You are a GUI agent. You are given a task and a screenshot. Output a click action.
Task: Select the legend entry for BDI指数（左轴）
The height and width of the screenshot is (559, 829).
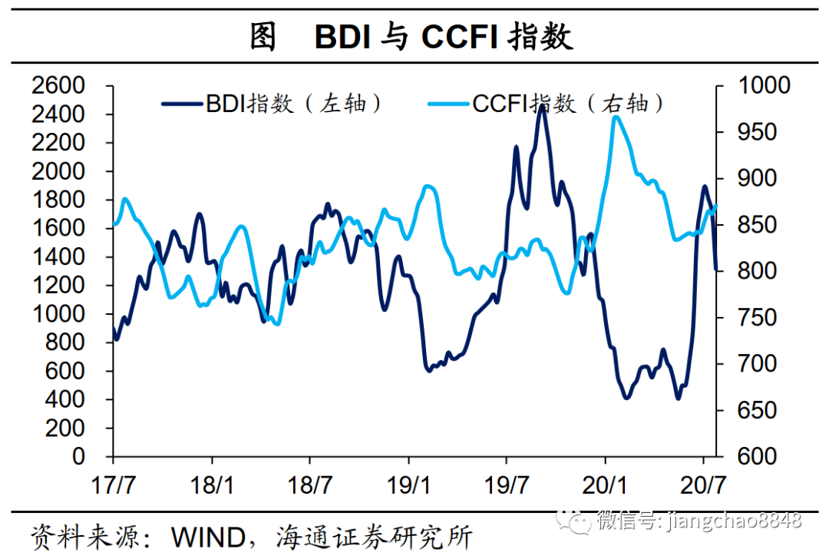point(272,104)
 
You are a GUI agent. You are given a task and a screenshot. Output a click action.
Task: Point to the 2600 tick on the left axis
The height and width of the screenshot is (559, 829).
point(68,86)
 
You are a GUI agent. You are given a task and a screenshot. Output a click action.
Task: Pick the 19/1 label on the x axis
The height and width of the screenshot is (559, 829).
point(408,485)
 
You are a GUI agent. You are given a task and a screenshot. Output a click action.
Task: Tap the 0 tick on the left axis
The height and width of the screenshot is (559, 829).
point(98,457)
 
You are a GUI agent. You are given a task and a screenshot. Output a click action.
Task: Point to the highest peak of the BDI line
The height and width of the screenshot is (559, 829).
point(542,107)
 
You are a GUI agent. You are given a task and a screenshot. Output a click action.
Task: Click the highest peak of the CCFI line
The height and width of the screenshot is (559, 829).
point(616,117)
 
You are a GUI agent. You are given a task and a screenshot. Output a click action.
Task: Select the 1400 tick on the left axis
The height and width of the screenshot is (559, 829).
point(68,257)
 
